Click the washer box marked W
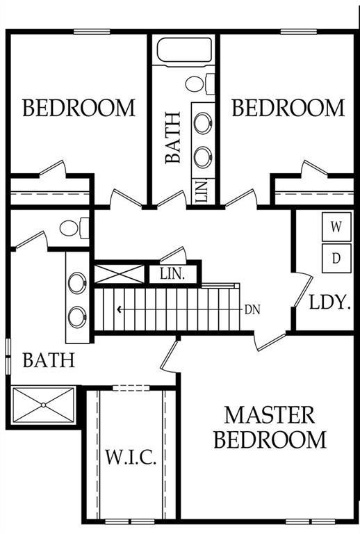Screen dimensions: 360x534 pos(336,227)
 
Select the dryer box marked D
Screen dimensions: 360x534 pos(336,258)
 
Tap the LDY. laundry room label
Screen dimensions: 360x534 pos(329,302)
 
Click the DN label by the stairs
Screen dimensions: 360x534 pos(252,310)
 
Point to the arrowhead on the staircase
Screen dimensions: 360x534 pos(119,309)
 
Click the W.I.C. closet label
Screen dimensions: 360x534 pos(131,457)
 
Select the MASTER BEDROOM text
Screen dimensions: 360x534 pos(270,428)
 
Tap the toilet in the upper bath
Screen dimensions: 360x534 pos(199,83)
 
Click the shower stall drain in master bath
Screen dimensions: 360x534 pos(44,405)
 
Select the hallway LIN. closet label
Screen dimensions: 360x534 pos(172,274)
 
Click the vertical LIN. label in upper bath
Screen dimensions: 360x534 pos(202,192)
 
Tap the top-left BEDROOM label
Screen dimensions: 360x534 pos(79,108)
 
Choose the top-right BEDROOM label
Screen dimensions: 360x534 pos(288,108)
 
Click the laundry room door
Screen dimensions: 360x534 pos(304,291)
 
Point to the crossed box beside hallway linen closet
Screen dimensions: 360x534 pos(119,273)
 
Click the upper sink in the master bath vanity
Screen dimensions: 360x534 pos(77,283)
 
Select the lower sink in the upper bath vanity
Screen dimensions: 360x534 pos(203,157)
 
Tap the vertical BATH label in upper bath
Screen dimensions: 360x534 pos(173,138)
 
